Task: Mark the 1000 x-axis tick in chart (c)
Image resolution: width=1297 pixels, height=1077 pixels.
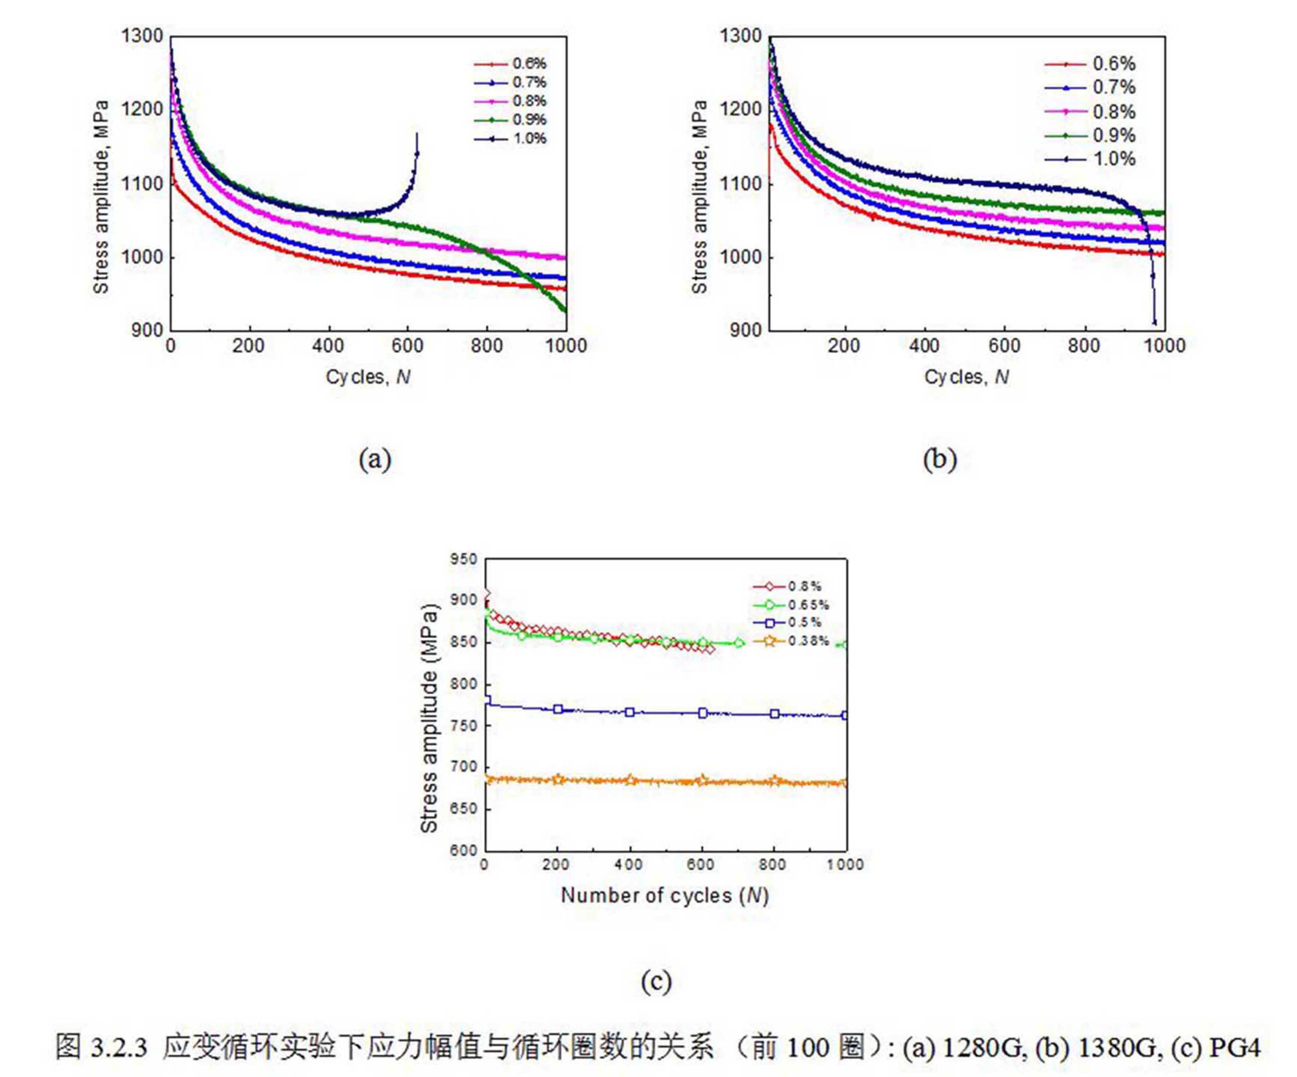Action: (845, 864)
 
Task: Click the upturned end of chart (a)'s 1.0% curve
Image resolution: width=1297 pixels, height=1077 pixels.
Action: (417, 135)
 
